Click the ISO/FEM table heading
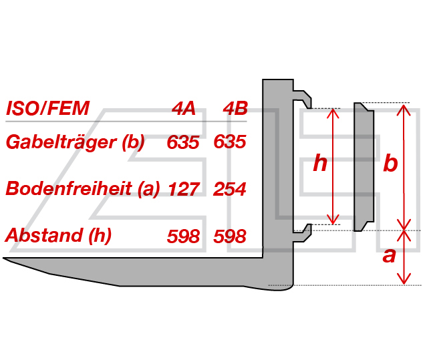[x=47, y=108]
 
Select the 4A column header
[x=184, y=108]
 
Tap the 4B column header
[x=235, y=108]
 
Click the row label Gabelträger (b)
[x=75, y=142]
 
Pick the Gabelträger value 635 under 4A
[x=183, y=142]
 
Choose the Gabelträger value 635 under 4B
[x=230, y=142]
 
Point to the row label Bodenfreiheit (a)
[x=82, y=188]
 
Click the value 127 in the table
[x=184, y=189]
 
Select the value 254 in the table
[x=230, y=189]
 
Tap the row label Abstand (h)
[x=58, y=235]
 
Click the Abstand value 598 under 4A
[x=183, y=236]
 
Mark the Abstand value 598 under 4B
[x=230, y=236]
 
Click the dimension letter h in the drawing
[x=320, y=163]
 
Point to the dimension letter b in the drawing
[x=390, y=163]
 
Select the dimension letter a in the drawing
[x=389, y=256]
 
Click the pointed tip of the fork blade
[x=3, y=258]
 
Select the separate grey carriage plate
[x=364, y=167]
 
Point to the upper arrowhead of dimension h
[x=333, y=113]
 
